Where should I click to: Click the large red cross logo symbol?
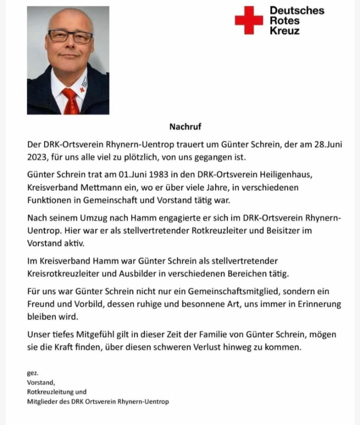pyautogui.click(x=249, y=20)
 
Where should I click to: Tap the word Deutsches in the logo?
pyautogui.click(x=297, y=10)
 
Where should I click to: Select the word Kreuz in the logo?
pyautogui.click(x=285, y=31)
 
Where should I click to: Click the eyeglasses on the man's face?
pyautogui.click(x=70, y=36)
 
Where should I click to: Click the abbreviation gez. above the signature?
pyautogui.click(x=33, y=373)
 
